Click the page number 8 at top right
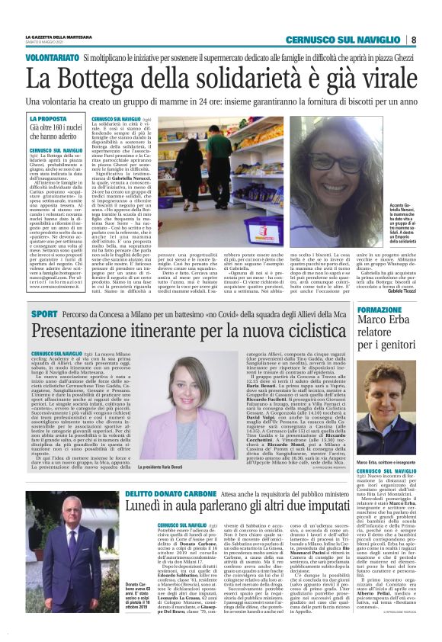(x=413, y=40)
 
